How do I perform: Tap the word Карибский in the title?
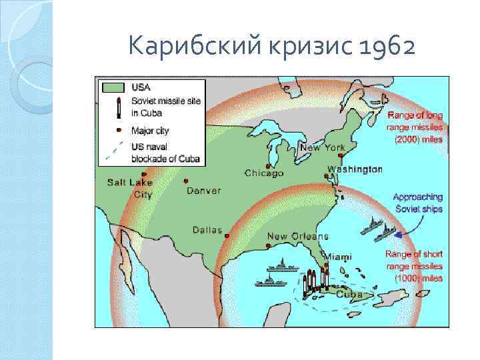coord(181,47)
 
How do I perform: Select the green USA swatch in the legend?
coord(113,87)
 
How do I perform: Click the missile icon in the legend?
coord(118,107)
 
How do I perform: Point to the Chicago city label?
coord(264,173)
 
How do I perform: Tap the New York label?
coord(323,147)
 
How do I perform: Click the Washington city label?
coord(355,169)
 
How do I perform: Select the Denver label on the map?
coord(203,191)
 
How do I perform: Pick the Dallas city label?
coord(207,230)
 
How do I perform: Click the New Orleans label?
coord(298,237)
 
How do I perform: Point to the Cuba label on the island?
coord(349,294)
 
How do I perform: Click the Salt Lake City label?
coord(131,189)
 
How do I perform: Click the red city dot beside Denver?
coord(187,181)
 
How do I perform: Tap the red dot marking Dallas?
coord(227,236)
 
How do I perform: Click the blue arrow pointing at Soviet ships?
coord(398,233)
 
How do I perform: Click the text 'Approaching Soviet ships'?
coord(417,203)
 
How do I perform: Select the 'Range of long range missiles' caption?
coord(415,127)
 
